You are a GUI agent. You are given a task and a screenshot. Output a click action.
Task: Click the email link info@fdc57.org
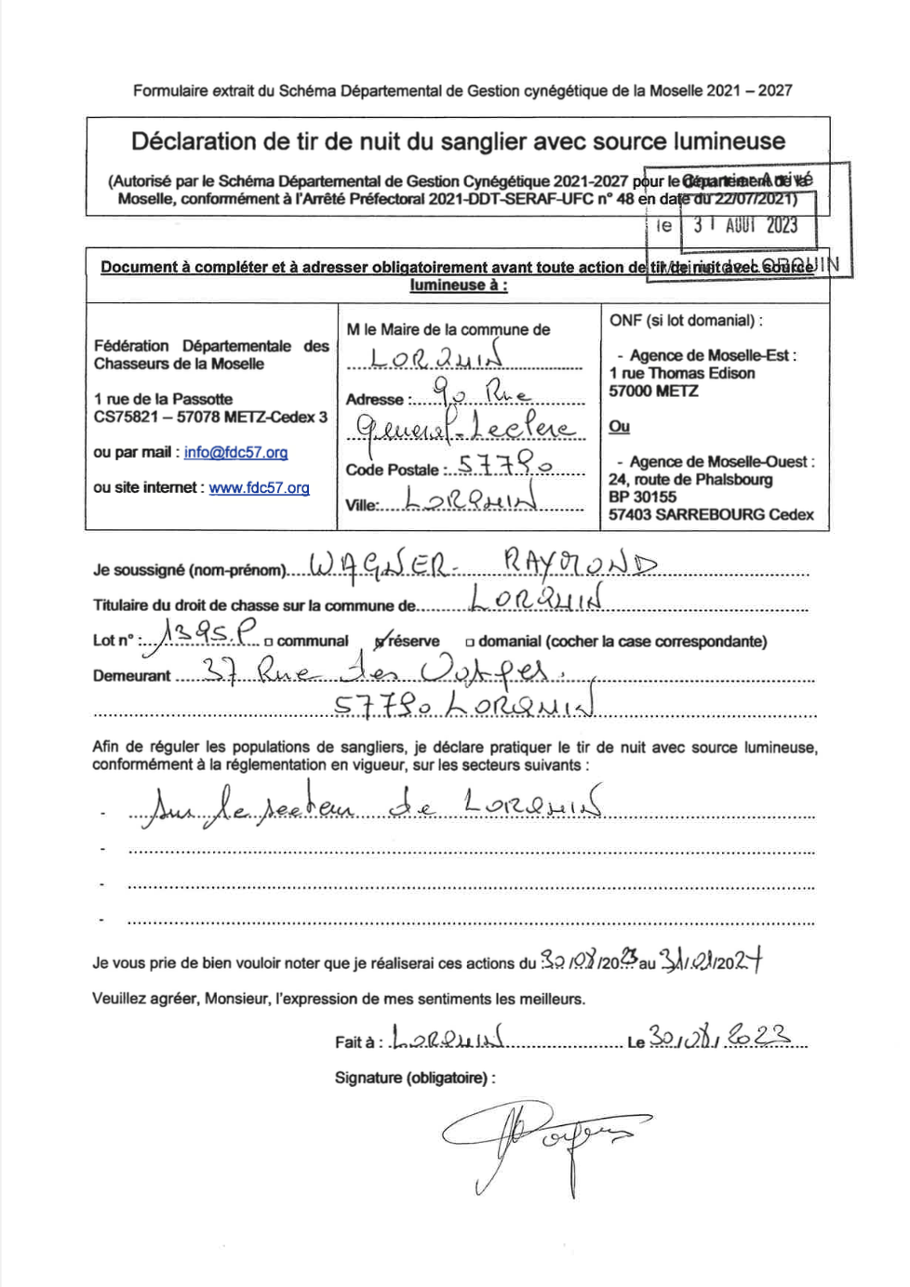tap(235, 453)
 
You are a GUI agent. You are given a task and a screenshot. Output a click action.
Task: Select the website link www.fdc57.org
tap(259, 488)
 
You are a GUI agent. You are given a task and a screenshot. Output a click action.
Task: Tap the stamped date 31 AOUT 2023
tap(745, 226)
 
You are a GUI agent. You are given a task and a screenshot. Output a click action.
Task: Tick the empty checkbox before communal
tap(268, 642)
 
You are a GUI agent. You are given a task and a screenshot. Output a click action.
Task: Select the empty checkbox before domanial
tap(470, 642)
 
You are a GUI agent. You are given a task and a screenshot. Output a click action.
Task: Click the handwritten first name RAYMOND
tap(579, 563)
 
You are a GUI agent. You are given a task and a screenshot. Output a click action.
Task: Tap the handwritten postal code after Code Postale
tap(506, 467)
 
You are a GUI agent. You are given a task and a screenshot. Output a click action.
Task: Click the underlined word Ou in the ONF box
tap(619, 427)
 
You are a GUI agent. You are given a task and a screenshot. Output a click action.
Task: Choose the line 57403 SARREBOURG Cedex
tap(711, 515)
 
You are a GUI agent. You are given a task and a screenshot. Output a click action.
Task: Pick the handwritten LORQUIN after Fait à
tap(448, 1039)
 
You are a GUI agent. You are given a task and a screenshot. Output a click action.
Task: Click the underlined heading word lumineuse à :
tap(459, 285)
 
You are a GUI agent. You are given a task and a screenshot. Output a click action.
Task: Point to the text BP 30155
tap(642, 498)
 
